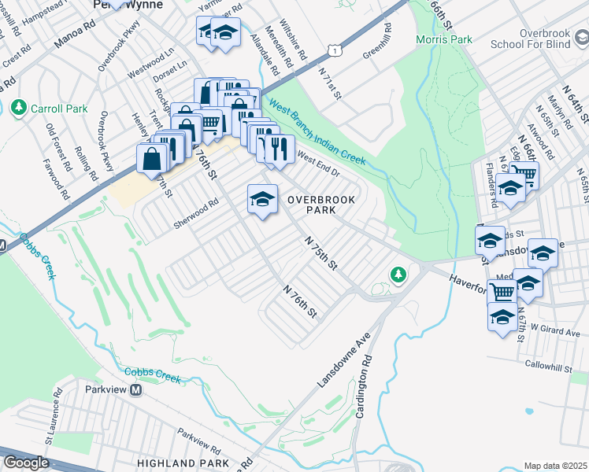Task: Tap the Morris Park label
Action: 444,39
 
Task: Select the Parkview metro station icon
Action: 136,390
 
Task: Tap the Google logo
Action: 26,463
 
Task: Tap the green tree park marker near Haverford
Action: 398,274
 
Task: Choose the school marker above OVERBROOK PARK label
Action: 262,198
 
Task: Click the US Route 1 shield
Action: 335,50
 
